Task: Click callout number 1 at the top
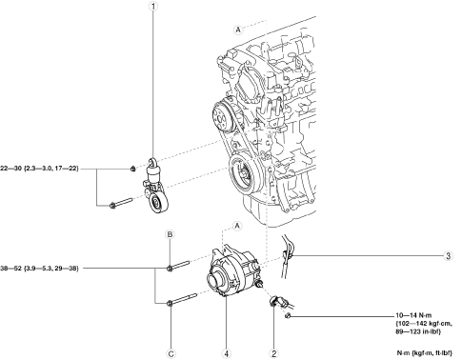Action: click(x=153, y=6)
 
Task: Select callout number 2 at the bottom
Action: click(x=273, y=353)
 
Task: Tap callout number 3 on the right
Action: click(x=448, y=255)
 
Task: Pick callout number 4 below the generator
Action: click(x=227, y=353)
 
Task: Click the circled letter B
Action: click(x=170, y=234)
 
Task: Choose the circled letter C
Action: click(x=171, y=353)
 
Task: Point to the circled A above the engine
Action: click(x=238, y=30)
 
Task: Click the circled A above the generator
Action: click(x=237, y=226)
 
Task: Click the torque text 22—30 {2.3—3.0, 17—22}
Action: click(x=39, y=169)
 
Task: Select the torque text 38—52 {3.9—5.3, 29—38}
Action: click(x=39, y=269)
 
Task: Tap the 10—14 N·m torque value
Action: click(x=414, y=315)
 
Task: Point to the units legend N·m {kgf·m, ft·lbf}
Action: click(x=425, y=352)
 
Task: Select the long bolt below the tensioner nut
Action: click(x=121, y=203)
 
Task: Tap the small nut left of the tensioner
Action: click(x=133, y=169)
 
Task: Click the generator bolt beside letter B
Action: click(x=178, y=266)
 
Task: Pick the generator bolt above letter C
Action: click(x=182, y=299)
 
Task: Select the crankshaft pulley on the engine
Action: click(x=245, y=174)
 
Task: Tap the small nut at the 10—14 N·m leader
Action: click(x=288, y=316)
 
